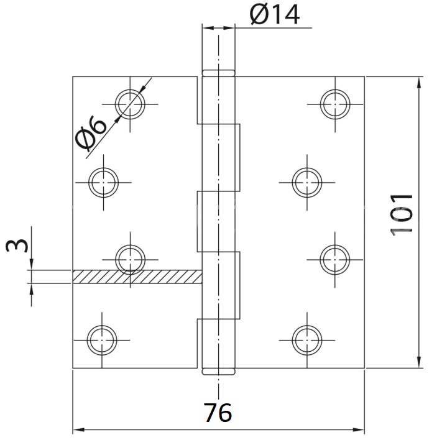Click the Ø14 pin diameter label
tap(274, 15)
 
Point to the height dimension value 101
tap(402, 213)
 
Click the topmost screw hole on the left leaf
tap(131, 103)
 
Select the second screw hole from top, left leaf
tap(103, 182)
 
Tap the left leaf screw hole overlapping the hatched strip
tap(131, 260)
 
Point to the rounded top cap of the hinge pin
tap(218, 73)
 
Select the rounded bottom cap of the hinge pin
tap(218, 372)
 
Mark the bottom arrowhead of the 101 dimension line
tap(420, 364)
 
